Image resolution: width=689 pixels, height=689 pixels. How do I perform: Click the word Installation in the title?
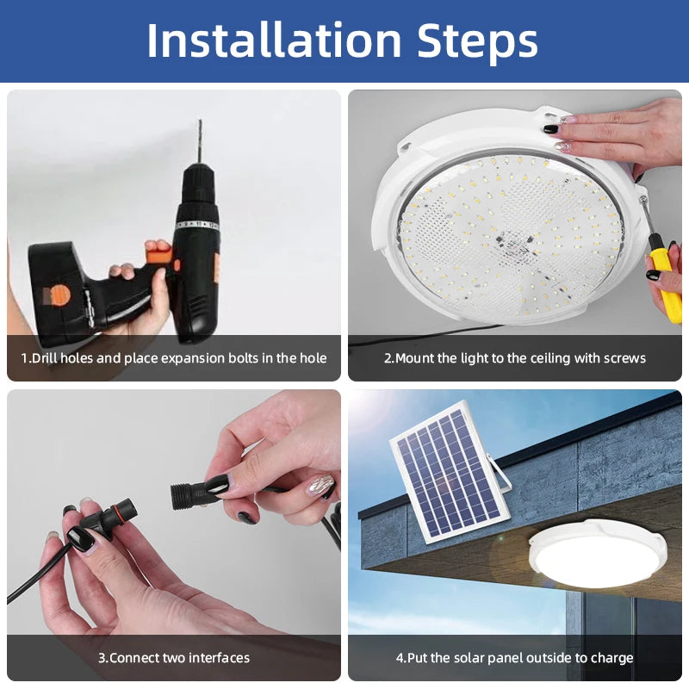coord(275,40)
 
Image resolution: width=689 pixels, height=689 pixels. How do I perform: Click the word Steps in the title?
coord(478,40)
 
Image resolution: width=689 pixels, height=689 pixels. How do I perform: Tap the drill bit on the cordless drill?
coord(199,141)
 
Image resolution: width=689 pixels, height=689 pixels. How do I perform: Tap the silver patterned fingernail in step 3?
coord(320,485)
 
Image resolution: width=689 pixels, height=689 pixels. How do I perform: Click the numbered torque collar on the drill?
coord(197,225)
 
